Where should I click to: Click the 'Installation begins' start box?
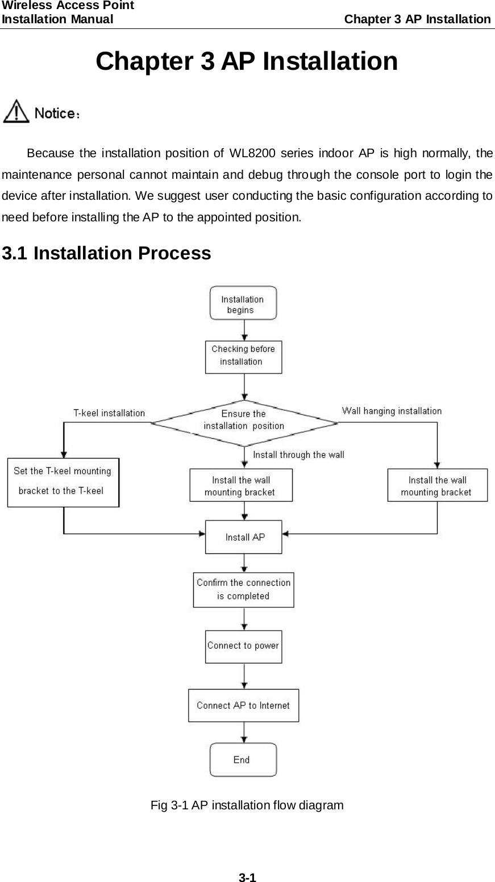[243, 303]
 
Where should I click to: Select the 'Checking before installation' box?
[243, 356]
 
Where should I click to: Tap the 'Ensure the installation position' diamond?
[244, 420]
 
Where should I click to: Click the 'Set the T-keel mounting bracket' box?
[63, 482]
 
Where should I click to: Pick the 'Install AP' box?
[243, 537]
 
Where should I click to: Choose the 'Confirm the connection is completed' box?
[243, 590]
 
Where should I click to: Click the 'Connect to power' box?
[243, 646]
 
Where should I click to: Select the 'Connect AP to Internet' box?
[243, 705]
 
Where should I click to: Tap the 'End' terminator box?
[243, 759]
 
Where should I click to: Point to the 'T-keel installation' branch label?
[109, 413]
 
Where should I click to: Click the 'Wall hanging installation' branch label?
[392, 411]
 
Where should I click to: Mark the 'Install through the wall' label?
[298, 455]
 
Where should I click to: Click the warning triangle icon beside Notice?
[16, 111]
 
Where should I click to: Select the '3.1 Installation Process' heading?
[107, 253]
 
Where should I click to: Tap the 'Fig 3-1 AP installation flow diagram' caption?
[247, 805]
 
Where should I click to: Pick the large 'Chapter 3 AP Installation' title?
[247, 61]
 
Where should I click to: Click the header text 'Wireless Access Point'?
[68, 6]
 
